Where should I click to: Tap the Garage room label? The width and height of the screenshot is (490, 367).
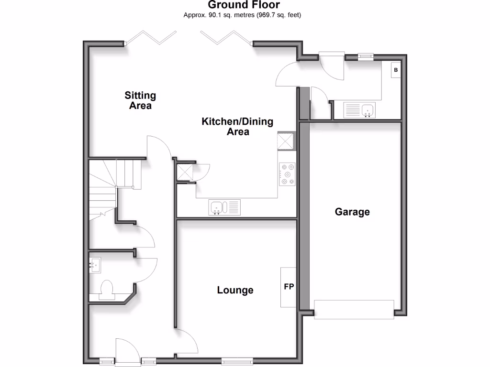click(352, 212)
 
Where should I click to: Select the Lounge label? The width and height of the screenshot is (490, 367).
click(235, 290)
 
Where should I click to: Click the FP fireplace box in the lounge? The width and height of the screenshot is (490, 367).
click(289, 287)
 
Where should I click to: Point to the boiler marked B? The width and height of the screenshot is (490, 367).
click(396, 71)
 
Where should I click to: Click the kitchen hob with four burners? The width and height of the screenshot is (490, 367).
click(288, 174)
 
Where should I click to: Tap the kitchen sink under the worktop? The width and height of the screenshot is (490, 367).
click(225, 207)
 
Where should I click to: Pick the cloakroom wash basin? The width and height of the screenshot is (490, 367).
click(95, 264)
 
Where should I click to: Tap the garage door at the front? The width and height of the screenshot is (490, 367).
click(354, 309)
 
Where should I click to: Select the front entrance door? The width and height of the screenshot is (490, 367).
click(127, 353)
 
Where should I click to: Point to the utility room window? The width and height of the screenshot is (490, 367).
click(366, 56)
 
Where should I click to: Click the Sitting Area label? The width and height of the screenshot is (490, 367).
click(140, 100)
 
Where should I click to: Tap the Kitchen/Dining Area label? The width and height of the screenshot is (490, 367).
click(237, 126)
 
